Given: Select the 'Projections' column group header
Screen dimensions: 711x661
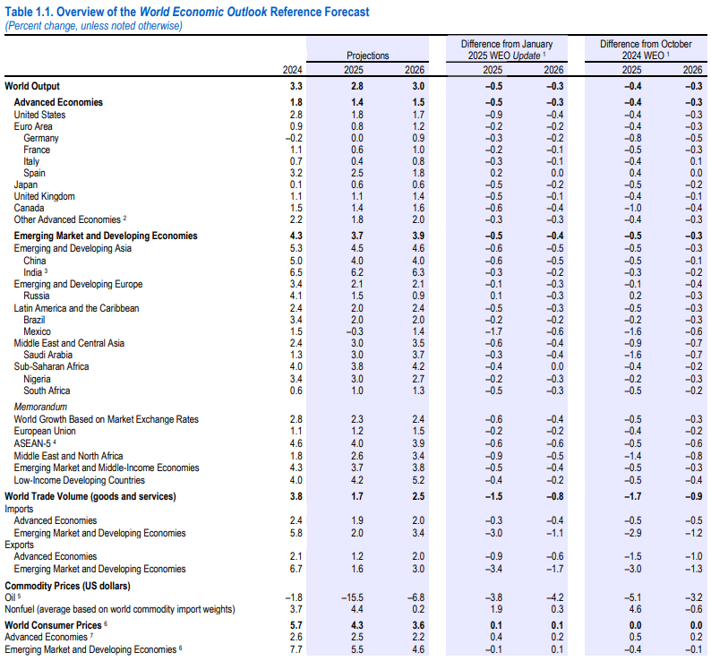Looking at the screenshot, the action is pyautogui.click(x=368, y=56).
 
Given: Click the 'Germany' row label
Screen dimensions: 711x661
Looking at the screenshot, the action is pyautogui.click(x=41, y=138).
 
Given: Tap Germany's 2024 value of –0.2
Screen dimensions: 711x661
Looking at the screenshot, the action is pyautogui.click(x=294, y=138).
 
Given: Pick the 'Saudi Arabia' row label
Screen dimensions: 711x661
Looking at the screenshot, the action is pyautogui.click(x=48, y=355).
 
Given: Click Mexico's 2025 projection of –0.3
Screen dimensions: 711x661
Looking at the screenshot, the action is pyautogui.click(x=355, y=331).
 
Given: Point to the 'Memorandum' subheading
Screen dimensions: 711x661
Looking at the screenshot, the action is pyautogui.click(x=40, y=407).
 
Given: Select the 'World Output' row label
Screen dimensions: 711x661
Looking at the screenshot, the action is pyautogui.click(x=32, y=86).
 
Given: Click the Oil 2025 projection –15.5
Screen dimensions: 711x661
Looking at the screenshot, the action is pyautogui.click(x=352, y=598).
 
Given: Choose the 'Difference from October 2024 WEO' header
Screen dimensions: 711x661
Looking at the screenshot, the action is pyautogui.click(x=646, y=49).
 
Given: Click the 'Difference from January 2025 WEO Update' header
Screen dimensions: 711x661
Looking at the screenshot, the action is pyautogui.click(x=507, y=49).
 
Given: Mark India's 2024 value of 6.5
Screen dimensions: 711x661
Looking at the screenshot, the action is pyautogui.click(x=296, y=272).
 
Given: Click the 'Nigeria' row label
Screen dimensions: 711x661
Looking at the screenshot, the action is pyautogui.click(x=38, y=379).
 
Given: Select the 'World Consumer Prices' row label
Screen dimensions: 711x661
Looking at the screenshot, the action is pyautogui.click(x=53, y=625).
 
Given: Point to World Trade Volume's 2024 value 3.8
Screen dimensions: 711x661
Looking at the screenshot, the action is pyautogui.click(x=296, y=496).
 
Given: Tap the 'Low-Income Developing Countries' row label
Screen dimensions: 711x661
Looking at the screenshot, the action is pyautogui.click(x=80, y=480).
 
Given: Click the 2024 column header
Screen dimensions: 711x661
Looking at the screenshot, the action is pyautogui.click(x=293, y=70).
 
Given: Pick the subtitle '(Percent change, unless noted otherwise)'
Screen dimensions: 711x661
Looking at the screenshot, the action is pyautogui.click(x=93, y=26).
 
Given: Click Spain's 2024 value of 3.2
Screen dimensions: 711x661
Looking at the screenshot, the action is pyautogui.click(x=296, y=173).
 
